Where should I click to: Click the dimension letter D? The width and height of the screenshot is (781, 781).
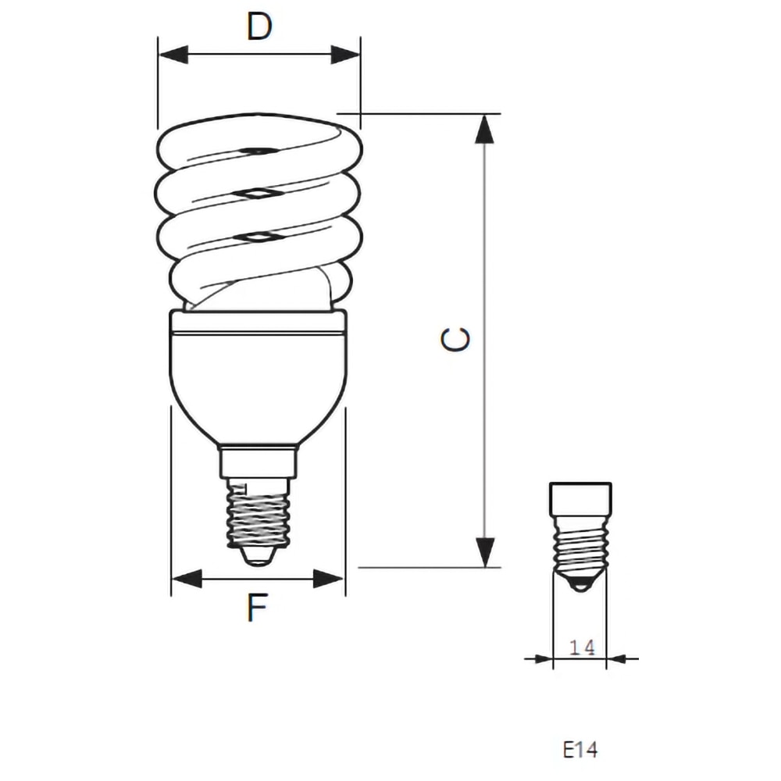coord(259,27)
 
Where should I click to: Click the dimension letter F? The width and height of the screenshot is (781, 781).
coord(258,608)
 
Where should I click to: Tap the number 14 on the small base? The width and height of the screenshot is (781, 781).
coord(581,647)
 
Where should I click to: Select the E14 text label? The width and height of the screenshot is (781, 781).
coord(580,750)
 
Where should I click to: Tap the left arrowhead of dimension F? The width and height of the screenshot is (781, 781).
coord(186,579)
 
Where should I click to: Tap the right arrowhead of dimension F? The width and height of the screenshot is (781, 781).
coord(329,579)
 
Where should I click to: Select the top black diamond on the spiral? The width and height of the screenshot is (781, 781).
coord(255,149)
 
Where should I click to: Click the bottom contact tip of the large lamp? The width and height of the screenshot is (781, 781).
coord(259,556)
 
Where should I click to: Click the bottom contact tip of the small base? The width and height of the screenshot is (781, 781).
coord(580,583)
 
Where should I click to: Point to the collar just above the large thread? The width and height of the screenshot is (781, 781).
coord(259,461)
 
